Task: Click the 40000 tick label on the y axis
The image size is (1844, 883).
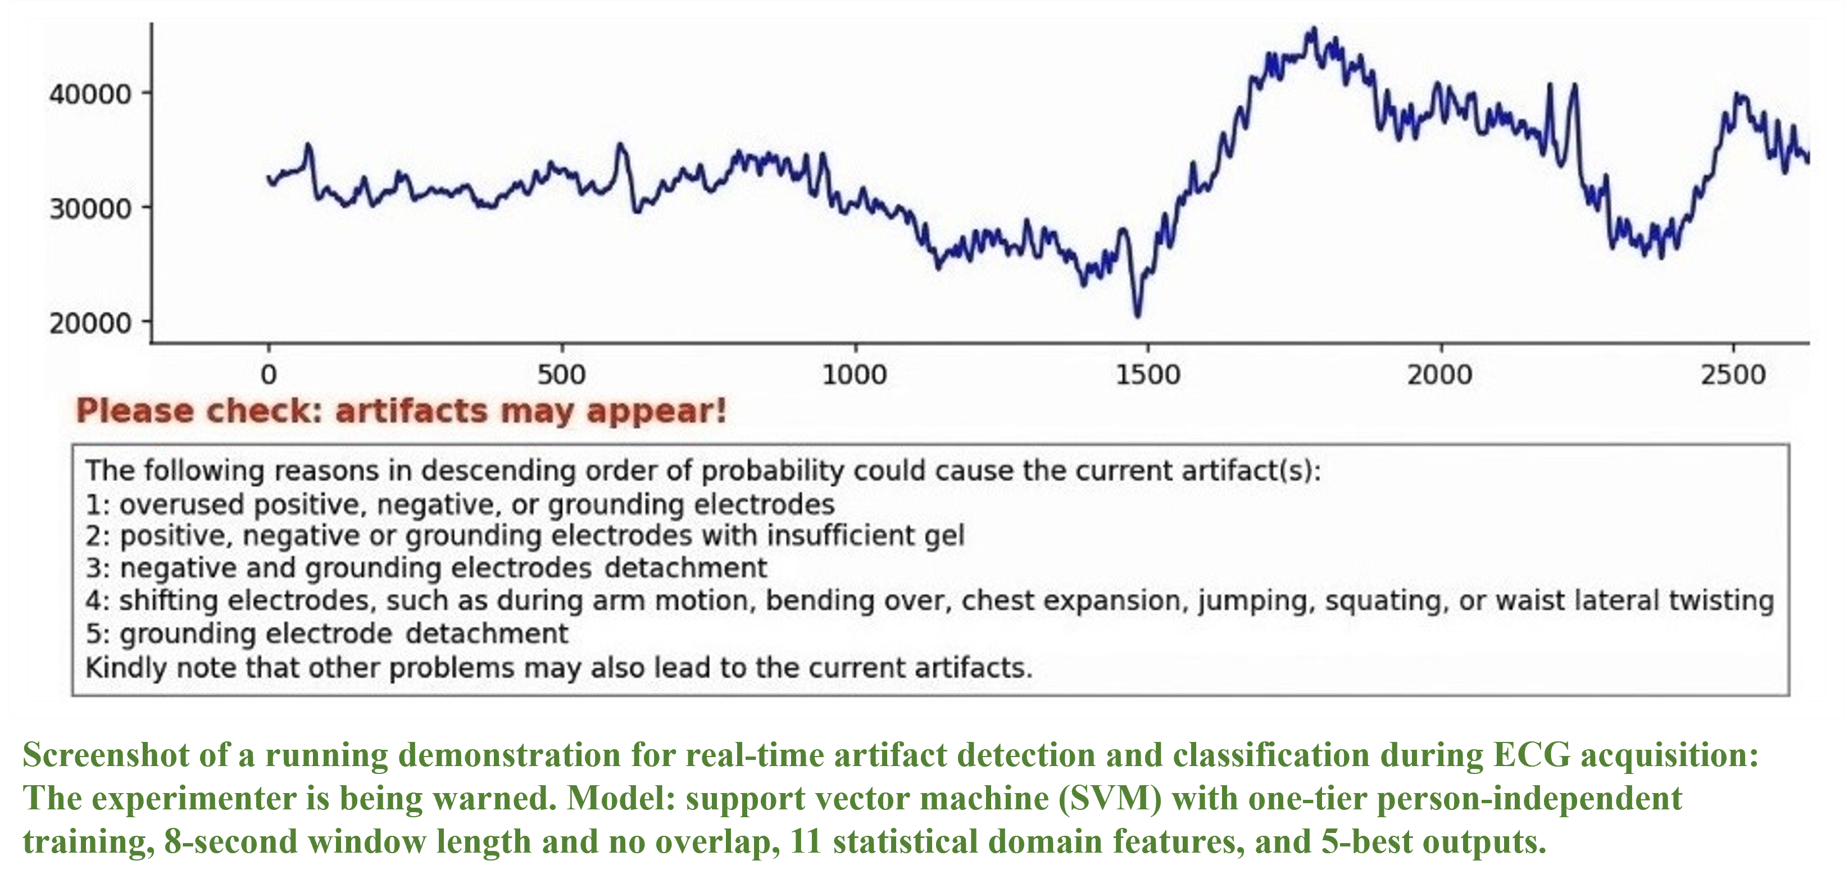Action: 90,94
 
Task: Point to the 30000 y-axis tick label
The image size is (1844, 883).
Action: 90,209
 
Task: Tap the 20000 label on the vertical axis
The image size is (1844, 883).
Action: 90,323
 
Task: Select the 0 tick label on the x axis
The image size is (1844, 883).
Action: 269,374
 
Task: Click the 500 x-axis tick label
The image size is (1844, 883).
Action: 561,374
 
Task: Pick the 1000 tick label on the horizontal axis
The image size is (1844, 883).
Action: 854,374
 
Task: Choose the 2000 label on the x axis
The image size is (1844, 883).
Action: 1439,374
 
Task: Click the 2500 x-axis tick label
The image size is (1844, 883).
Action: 1733,374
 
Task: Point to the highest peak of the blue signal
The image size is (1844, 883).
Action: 1313,30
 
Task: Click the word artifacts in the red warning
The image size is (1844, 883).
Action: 412,411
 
